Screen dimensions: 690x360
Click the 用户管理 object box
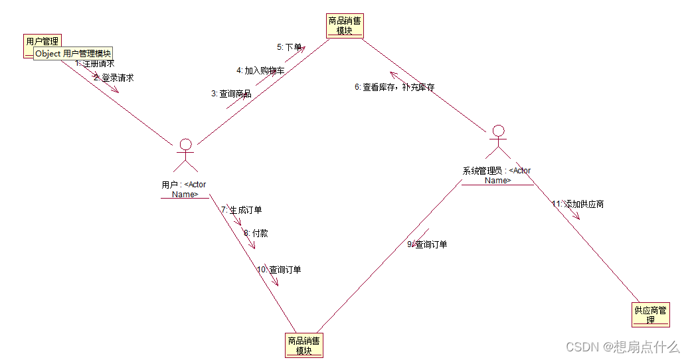click(x=42, y=41)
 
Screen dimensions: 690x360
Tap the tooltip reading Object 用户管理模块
click(x=73, y=54)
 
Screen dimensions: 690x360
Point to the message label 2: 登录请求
click(x=114, y=78)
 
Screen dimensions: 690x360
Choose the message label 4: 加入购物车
click(x=260, y=70)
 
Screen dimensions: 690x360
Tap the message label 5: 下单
click(x=289, y=47)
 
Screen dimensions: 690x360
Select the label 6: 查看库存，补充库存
click(x=394, y=87)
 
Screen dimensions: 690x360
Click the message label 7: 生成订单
click(x=242, y=210)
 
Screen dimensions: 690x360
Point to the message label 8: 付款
click(x=256, y=233)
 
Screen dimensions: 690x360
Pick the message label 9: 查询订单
click(x=427, y=244)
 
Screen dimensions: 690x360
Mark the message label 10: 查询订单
click(x=279, y=270)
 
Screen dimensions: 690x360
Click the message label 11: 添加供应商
click(x=578, y=204)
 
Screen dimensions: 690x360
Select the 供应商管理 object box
click(x=651, y=314)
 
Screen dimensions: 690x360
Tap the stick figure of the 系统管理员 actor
click(x=498, y=140)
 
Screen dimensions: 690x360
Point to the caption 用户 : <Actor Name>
click(x=184, y=189)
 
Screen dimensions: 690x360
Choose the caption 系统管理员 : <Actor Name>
click(x=497, y=175)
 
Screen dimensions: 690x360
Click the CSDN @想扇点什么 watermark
click(x=622, y=347)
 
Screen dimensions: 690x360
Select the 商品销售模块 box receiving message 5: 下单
click(x=345, y=25)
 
